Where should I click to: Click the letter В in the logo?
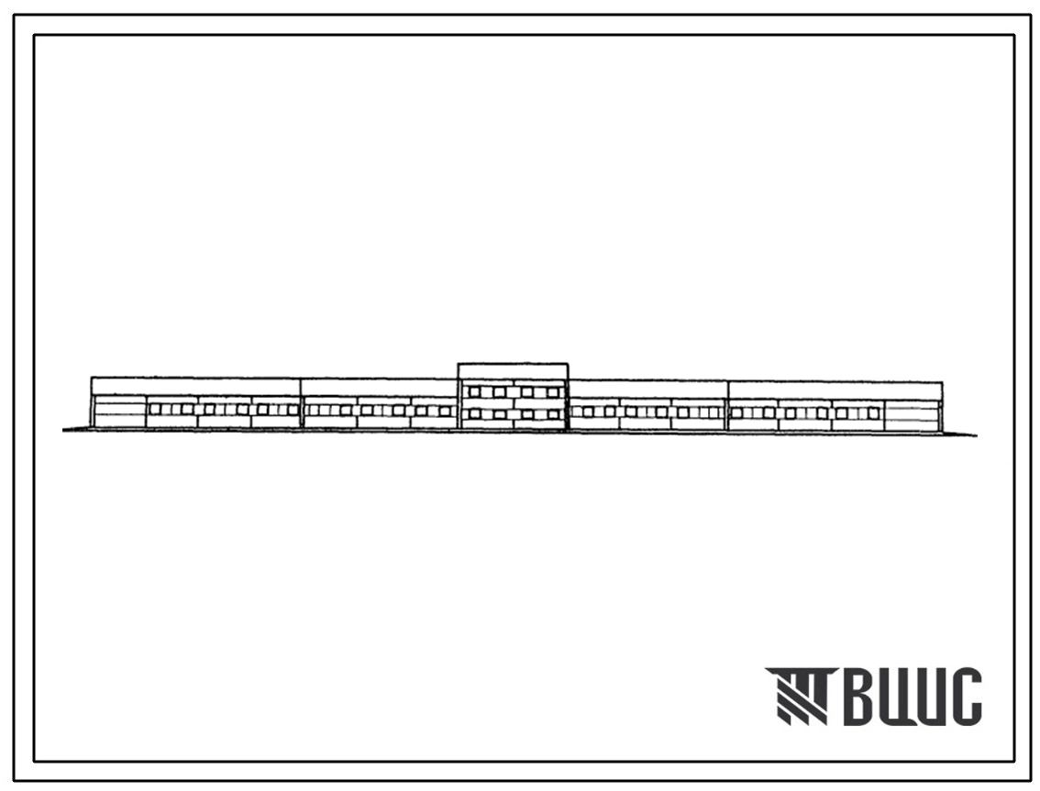tap(861, 697)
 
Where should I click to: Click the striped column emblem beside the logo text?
tap(802, 696)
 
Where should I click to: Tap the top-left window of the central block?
tap(474, 392)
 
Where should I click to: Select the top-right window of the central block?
tap(553, 392)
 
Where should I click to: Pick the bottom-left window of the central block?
tap(474, 414)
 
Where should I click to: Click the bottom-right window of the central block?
tap(553, 415)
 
